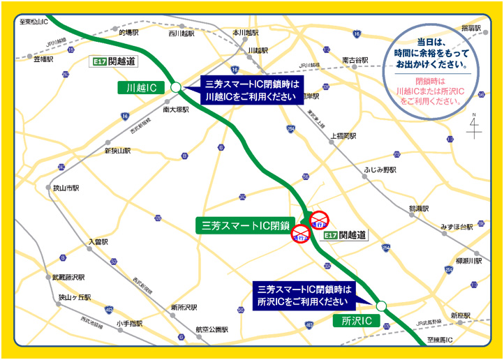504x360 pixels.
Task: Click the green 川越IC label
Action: [x=141, y=87]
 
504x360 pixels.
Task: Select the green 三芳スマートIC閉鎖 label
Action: [x=241, y=225]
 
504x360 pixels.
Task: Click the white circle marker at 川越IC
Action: [x=176, y=87]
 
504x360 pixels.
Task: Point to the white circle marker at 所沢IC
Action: [x=381, y=306]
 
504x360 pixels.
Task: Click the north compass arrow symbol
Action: [x=475, y=128]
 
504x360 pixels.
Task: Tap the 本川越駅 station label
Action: [x=246, y=33]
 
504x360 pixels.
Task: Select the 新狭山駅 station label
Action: [x=117, y=151]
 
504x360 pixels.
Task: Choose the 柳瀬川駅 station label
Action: [x=469, y=260]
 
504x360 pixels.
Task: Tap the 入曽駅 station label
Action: [x=99, y=242]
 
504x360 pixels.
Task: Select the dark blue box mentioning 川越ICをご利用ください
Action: [x=252, y=91]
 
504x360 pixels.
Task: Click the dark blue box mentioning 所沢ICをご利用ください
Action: [x=303, y=295]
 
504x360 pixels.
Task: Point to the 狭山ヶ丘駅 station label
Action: [x=75, y=297]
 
